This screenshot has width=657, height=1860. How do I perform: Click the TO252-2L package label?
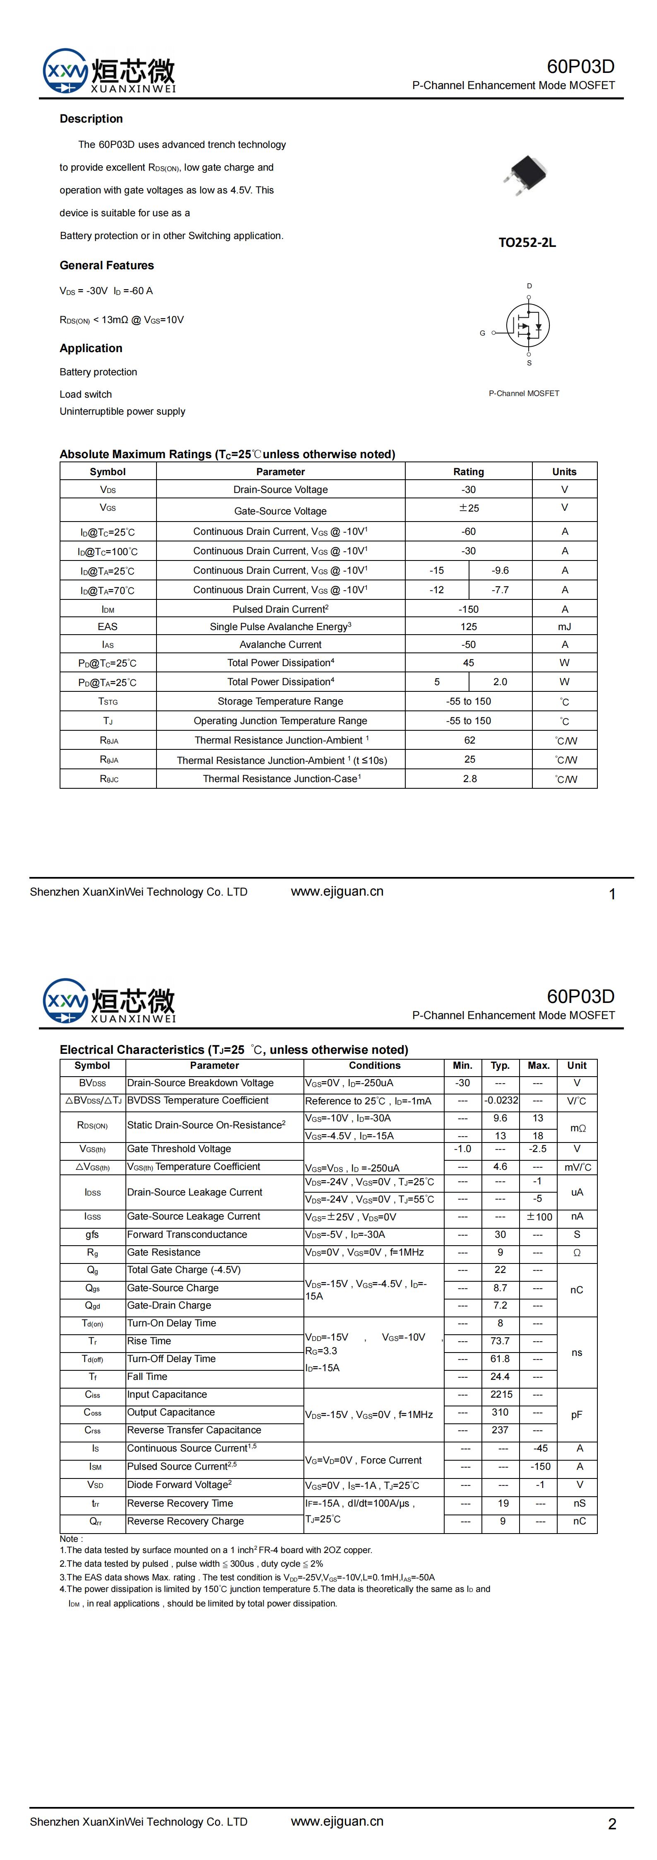(527, 243)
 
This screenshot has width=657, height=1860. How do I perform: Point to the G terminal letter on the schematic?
(482, 333)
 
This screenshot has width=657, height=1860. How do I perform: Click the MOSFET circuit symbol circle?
(528, 326)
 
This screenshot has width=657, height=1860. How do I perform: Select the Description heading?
(91, 118)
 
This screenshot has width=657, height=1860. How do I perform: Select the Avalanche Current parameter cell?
(280, 644)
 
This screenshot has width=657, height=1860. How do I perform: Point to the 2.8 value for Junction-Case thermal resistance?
(469, 778)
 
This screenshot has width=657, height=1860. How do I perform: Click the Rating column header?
(469, 471)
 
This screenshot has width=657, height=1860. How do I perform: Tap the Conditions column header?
(374, 1065)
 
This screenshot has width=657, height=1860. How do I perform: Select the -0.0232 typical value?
(501, 1100)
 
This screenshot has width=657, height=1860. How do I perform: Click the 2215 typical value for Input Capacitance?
(501, 1394)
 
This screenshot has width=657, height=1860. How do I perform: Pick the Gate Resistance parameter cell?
(164, 1252)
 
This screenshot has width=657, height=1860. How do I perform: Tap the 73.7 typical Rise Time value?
(501, 1341)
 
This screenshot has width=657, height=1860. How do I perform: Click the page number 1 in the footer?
(612, 894)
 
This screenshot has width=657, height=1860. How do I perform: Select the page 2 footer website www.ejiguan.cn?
(337, 1821)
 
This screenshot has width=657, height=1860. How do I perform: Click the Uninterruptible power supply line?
(123, 412)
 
